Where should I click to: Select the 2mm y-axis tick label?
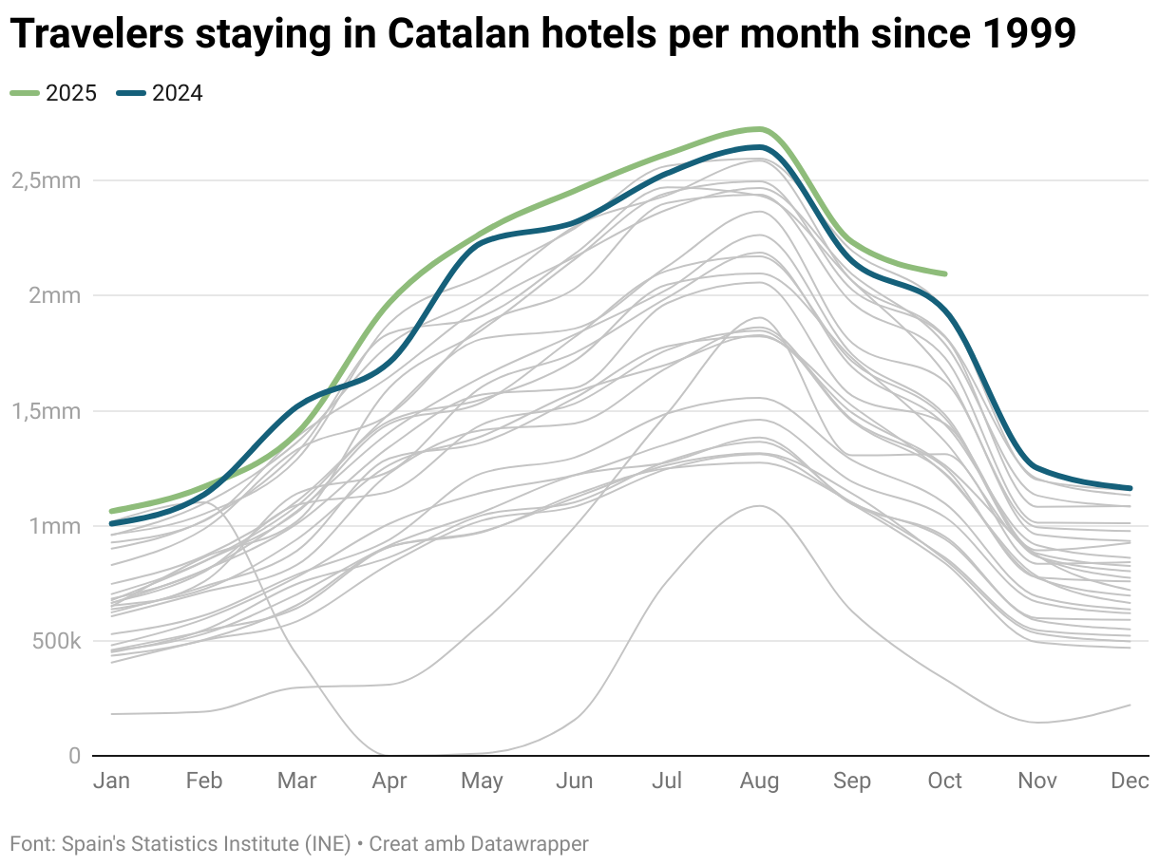click(x=54, y=295)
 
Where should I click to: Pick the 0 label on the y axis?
click(x=73, y=756)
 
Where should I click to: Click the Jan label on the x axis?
click(x=111, y=781)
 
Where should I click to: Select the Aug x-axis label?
click(x=759, y=781)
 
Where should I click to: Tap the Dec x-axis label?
click(x=1130, y=781)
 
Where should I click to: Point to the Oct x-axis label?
click(x=944, y=781)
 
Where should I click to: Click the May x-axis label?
click(x=482, y=781)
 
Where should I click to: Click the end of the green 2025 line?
click(x=944, y=273)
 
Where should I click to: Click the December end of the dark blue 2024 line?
click(x=1130, y=488)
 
